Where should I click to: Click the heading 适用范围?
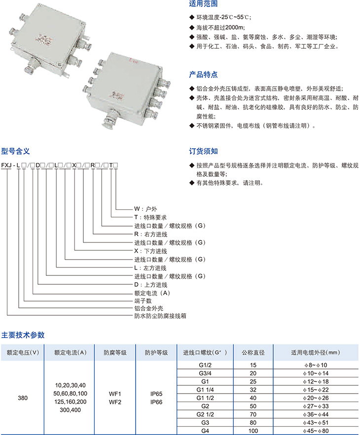203,3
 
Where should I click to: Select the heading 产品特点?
203,74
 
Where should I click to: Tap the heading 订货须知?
203,151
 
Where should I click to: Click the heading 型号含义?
15,151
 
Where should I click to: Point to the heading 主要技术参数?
23,335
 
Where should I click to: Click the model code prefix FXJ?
6,166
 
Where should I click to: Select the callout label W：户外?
145,209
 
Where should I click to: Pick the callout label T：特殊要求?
150,218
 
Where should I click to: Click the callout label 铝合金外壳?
148,308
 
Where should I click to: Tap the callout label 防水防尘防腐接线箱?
160,316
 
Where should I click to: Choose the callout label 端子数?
143,301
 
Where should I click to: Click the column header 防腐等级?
115,353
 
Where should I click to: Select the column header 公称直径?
253,353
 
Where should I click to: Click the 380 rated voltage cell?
23,398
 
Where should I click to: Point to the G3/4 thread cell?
205,373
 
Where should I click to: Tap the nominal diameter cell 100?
253,431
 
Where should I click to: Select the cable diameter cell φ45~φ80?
316,431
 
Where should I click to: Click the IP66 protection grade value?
156,402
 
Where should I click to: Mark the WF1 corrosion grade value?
115,394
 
